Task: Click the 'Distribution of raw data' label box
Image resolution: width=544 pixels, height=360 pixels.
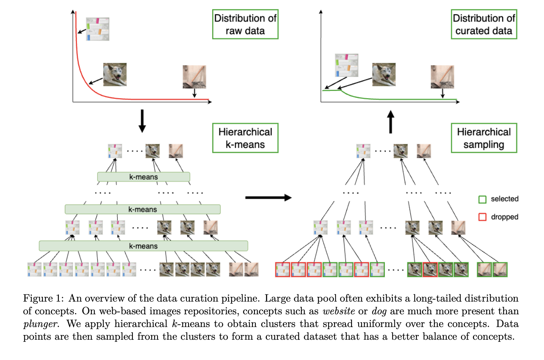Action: [245, 24]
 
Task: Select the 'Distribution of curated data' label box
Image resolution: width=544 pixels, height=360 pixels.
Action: [484, 24]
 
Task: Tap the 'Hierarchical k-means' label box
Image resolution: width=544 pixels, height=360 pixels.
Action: [245, 138]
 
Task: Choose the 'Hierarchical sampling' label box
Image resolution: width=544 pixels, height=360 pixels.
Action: [484, 138]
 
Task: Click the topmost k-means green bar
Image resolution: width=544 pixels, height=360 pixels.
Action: [144, 177]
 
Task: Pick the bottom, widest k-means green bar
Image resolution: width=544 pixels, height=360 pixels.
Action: [143, 246]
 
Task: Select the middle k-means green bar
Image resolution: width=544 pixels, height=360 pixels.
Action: [142, 209]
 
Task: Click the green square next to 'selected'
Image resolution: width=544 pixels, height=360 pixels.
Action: [482, 199]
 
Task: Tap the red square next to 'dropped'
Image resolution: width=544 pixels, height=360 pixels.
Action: [482, 217]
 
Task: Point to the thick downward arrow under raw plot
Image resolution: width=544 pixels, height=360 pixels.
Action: [142, 121]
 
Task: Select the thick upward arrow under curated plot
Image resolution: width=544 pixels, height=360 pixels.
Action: [391, 122]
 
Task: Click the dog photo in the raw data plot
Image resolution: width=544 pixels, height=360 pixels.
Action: [115, 74]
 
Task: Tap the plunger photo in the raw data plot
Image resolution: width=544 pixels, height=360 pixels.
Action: [194, 77]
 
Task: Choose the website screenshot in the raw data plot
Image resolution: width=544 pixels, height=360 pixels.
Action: [97, 29]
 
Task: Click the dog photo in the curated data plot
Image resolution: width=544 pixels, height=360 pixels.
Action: [384, 74]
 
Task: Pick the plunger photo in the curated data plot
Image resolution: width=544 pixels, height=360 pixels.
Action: [442, 77]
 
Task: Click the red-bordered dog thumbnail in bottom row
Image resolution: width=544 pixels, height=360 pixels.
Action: [430, 269]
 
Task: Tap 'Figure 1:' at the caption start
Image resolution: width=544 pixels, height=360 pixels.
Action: [43, 298]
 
